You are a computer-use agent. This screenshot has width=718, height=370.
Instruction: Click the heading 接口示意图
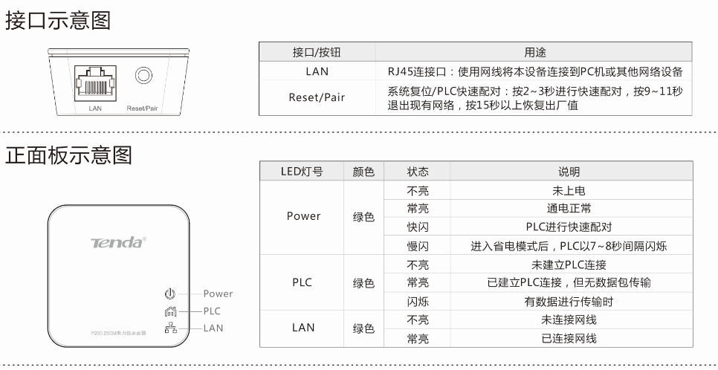point(58,20)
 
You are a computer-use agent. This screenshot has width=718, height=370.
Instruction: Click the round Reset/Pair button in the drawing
point(142,76)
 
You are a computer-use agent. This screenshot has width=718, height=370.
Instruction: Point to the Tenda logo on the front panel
point(118,242)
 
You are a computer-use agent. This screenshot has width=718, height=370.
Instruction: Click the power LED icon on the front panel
point(169,293)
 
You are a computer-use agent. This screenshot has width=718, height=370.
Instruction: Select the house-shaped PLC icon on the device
point(169,311)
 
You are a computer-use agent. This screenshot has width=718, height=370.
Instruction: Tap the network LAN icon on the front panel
point(169,328)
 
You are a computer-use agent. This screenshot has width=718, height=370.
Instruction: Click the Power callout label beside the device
point(218,293)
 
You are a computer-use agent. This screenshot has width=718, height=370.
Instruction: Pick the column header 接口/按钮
point(317,53)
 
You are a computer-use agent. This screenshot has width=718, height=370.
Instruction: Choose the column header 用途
point(534,53)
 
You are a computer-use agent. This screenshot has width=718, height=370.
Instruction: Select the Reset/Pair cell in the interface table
point(317,97)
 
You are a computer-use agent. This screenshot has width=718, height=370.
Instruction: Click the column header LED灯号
point(302,172)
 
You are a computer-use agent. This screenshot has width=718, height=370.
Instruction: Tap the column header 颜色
point(363,172)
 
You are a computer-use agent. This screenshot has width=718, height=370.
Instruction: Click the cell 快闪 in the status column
point(418,227)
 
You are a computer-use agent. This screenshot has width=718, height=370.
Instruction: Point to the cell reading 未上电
point(569,190)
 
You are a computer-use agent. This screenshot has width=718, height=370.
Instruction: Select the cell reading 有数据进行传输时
point(569,301)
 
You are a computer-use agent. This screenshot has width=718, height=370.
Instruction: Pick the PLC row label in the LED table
point(302,282)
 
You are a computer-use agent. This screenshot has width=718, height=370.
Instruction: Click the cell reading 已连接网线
point(569,338)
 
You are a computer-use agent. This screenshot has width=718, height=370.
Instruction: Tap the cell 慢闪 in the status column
point(418,246)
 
